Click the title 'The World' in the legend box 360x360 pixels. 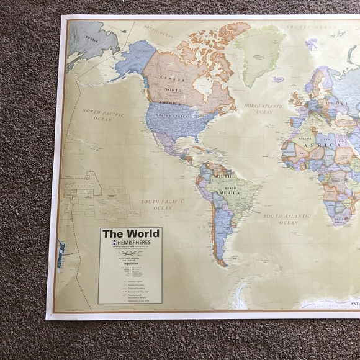[x=130, y=233]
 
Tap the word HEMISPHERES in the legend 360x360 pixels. [x=134, y=243]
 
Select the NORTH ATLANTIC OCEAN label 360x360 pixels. [x=264, y=109]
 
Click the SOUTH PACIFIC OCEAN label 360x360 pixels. [x=162, y=204]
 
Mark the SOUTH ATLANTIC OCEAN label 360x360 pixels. [x=287, y=218]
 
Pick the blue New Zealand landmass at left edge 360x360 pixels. [x=60, y=254]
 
